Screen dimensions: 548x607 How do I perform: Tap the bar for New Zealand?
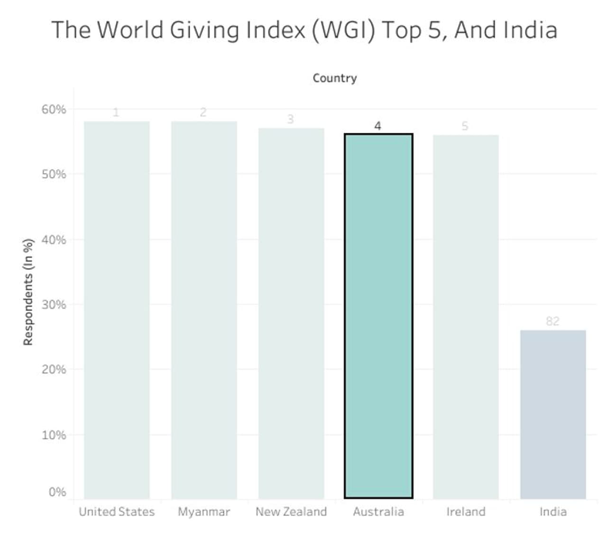tap(291, 313)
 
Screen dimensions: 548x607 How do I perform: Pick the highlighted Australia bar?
tap(378, 316)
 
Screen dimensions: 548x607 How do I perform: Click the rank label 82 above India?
tap(552, 321)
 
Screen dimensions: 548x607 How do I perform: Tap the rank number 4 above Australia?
tap(377, 126)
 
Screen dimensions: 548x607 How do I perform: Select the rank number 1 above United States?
tap(116, 112)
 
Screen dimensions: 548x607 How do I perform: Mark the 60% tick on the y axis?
tap(54, 110)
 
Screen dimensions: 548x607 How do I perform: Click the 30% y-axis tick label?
tap(54, 305)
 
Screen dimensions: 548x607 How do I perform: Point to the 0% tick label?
tap(57, 492)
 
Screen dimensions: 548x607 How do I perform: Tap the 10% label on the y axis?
tap(54, 435)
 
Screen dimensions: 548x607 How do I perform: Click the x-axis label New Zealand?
tap(291, 511)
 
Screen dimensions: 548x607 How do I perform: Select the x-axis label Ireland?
tap(466, 511)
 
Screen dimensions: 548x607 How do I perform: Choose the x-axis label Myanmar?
tap(204, 511)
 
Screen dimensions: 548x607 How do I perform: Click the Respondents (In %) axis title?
tap(28, 292)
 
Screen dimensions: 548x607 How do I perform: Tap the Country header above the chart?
tap(335, 78)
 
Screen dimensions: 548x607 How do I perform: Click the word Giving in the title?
tap(204, 30)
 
